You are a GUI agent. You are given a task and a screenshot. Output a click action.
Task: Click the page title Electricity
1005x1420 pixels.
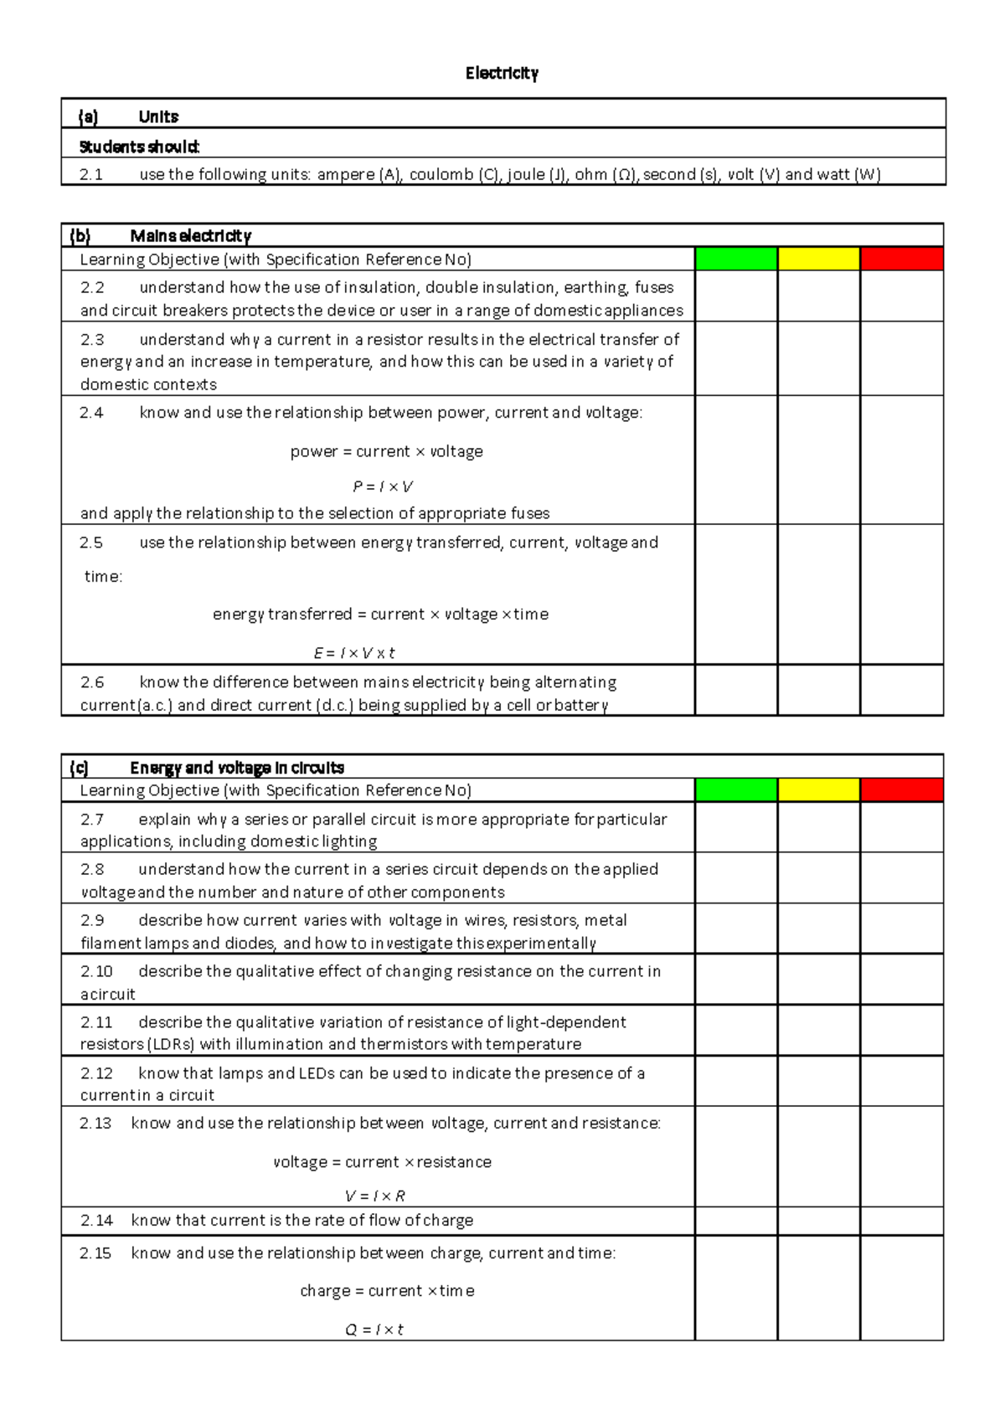[502, 74]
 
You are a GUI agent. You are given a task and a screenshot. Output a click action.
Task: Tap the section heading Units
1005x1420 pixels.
[158, 116]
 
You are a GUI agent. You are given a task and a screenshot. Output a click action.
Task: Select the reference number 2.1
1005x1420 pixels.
[91, 174]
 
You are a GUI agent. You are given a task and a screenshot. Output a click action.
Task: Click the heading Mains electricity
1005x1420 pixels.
[190, 236]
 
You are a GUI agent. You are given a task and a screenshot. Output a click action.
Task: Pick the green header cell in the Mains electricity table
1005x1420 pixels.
[736, 259]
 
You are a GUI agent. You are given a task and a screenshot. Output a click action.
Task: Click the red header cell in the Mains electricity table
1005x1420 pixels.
[901, 259]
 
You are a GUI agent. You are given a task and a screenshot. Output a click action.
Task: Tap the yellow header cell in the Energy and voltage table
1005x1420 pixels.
[818, 790]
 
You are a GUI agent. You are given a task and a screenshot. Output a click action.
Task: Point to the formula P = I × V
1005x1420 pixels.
[383, 486]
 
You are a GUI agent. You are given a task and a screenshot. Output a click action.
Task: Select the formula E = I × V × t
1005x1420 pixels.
[353, 653]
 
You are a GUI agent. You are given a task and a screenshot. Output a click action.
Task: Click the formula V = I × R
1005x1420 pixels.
[375, 1196]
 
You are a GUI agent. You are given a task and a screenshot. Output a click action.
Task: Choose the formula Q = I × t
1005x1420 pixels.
[374, 1329]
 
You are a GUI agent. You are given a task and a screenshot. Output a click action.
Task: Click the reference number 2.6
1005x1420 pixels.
[92, 682]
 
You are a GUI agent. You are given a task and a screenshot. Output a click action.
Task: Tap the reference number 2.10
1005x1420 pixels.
[96, 971]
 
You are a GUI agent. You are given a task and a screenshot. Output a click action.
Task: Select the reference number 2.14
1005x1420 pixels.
[96, 1220]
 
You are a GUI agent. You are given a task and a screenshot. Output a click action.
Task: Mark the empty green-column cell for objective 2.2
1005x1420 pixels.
[736, 297]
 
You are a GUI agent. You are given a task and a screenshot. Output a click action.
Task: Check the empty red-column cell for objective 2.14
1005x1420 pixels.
[901, 1221]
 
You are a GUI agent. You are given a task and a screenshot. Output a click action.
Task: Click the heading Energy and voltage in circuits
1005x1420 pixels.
[237, 768]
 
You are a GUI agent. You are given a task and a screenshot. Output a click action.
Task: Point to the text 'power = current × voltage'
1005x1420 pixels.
[386, 451]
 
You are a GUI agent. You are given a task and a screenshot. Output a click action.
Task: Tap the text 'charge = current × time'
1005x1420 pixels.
[387, 1290]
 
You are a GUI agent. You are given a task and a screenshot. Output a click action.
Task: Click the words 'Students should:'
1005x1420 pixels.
[139, 147]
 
